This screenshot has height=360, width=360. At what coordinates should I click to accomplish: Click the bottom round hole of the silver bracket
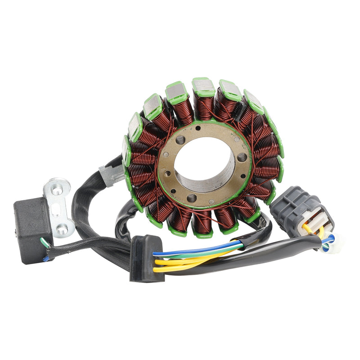pos(63,229)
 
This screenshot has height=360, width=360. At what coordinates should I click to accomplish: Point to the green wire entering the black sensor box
pos(45,243)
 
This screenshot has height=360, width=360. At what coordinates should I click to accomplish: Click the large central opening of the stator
pos(205,165)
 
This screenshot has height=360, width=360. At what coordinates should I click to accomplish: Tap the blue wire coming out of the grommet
pos(198,249)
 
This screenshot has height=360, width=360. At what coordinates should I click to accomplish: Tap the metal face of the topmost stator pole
pos(203,85)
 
